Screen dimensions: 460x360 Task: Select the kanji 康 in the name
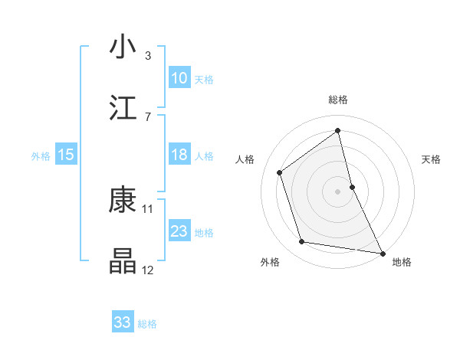click(x=123, y=199)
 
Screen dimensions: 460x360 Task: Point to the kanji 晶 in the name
click(x=123, y=261)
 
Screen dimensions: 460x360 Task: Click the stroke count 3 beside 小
click(x=148, y=55)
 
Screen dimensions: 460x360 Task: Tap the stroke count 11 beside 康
click(x=148, y=208)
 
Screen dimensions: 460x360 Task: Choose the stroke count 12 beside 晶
click(x=148, y=270)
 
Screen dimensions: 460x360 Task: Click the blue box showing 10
click(x=179, y=78)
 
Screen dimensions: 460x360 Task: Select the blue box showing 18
click(x=179, y=155)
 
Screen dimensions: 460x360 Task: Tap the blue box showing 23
click(x=179, y=231)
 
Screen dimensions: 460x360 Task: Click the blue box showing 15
click(x=66, y=155)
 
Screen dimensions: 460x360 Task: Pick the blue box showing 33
click(x=123, y=322)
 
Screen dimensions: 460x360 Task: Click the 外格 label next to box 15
click(x=41, y=155)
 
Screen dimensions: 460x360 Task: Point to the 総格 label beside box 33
click(x=147, y=323)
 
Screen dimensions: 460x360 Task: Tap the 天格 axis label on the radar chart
click(x=432, y=159)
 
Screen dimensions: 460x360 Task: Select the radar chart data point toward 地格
click(x=382, y=253)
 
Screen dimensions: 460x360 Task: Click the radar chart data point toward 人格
click(x=279, y=172)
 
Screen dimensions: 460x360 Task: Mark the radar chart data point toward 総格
click(x=338, y=130)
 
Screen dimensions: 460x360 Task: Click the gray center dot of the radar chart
click(x=338, y=191)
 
